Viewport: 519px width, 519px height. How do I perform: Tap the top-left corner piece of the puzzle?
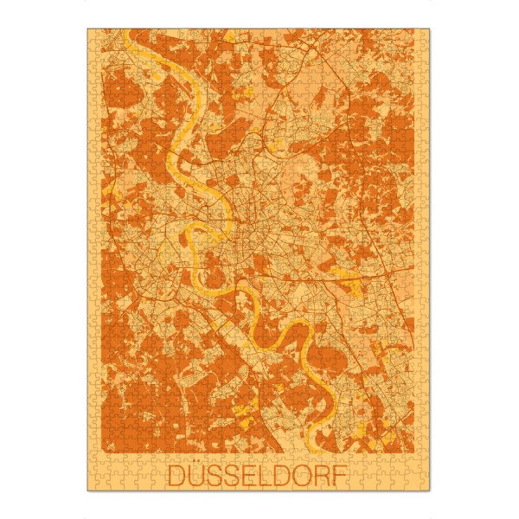tap(93, 34)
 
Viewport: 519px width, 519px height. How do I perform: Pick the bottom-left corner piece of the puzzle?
tap(93, 486)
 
